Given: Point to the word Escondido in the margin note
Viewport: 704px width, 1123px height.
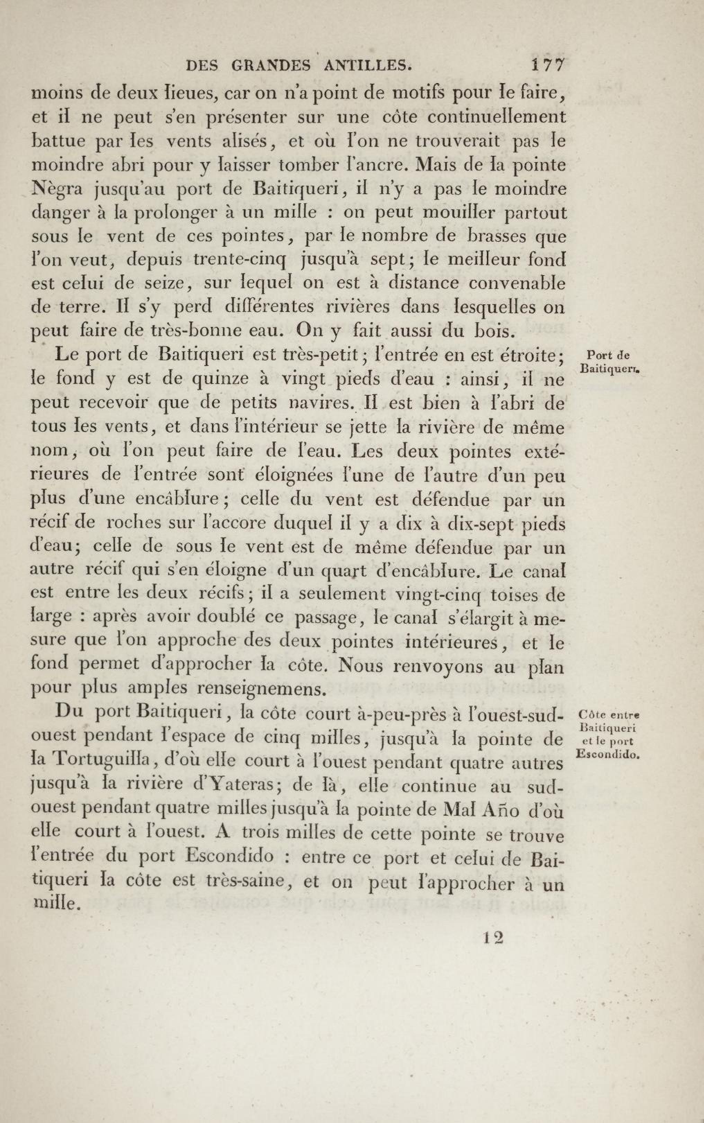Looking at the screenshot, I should tap(608, 754).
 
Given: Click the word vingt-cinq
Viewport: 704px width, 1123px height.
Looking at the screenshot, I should tap(429, 595).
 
